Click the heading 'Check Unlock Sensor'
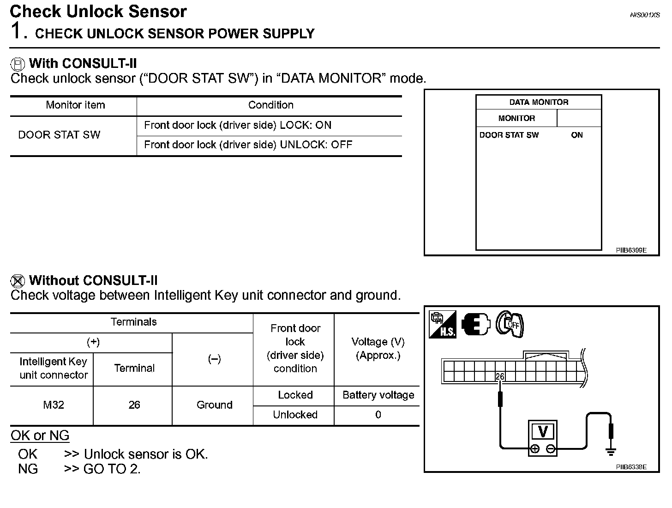click(x=98, y=11)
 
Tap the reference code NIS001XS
click(x=645, y=15)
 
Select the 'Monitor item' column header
click(x=75, y=105)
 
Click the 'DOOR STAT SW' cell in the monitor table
click(x=59, y=135)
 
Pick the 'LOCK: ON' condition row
click(x=238, y=125)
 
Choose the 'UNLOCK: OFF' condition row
click(x=248, y=145)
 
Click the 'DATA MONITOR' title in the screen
click(x=539, y=102)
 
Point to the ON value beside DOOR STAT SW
click(x=577, y=135)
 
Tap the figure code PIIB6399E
click(x=631, y=250)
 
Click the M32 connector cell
click(x=54, y=405)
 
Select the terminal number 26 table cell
click(x=134, y=405)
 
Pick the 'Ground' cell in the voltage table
click(x=214, y=405)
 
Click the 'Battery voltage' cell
click(x=378, y=395)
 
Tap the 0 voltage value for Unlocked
click(x=378, y=415)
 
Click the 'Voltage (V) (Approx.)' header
click(x=378, y=349)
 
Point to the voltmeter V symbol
click(x=543, y=431)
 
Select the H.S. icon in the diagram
click(x=443, y=324)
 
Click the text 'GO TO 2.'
click(x=112, y=469)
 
